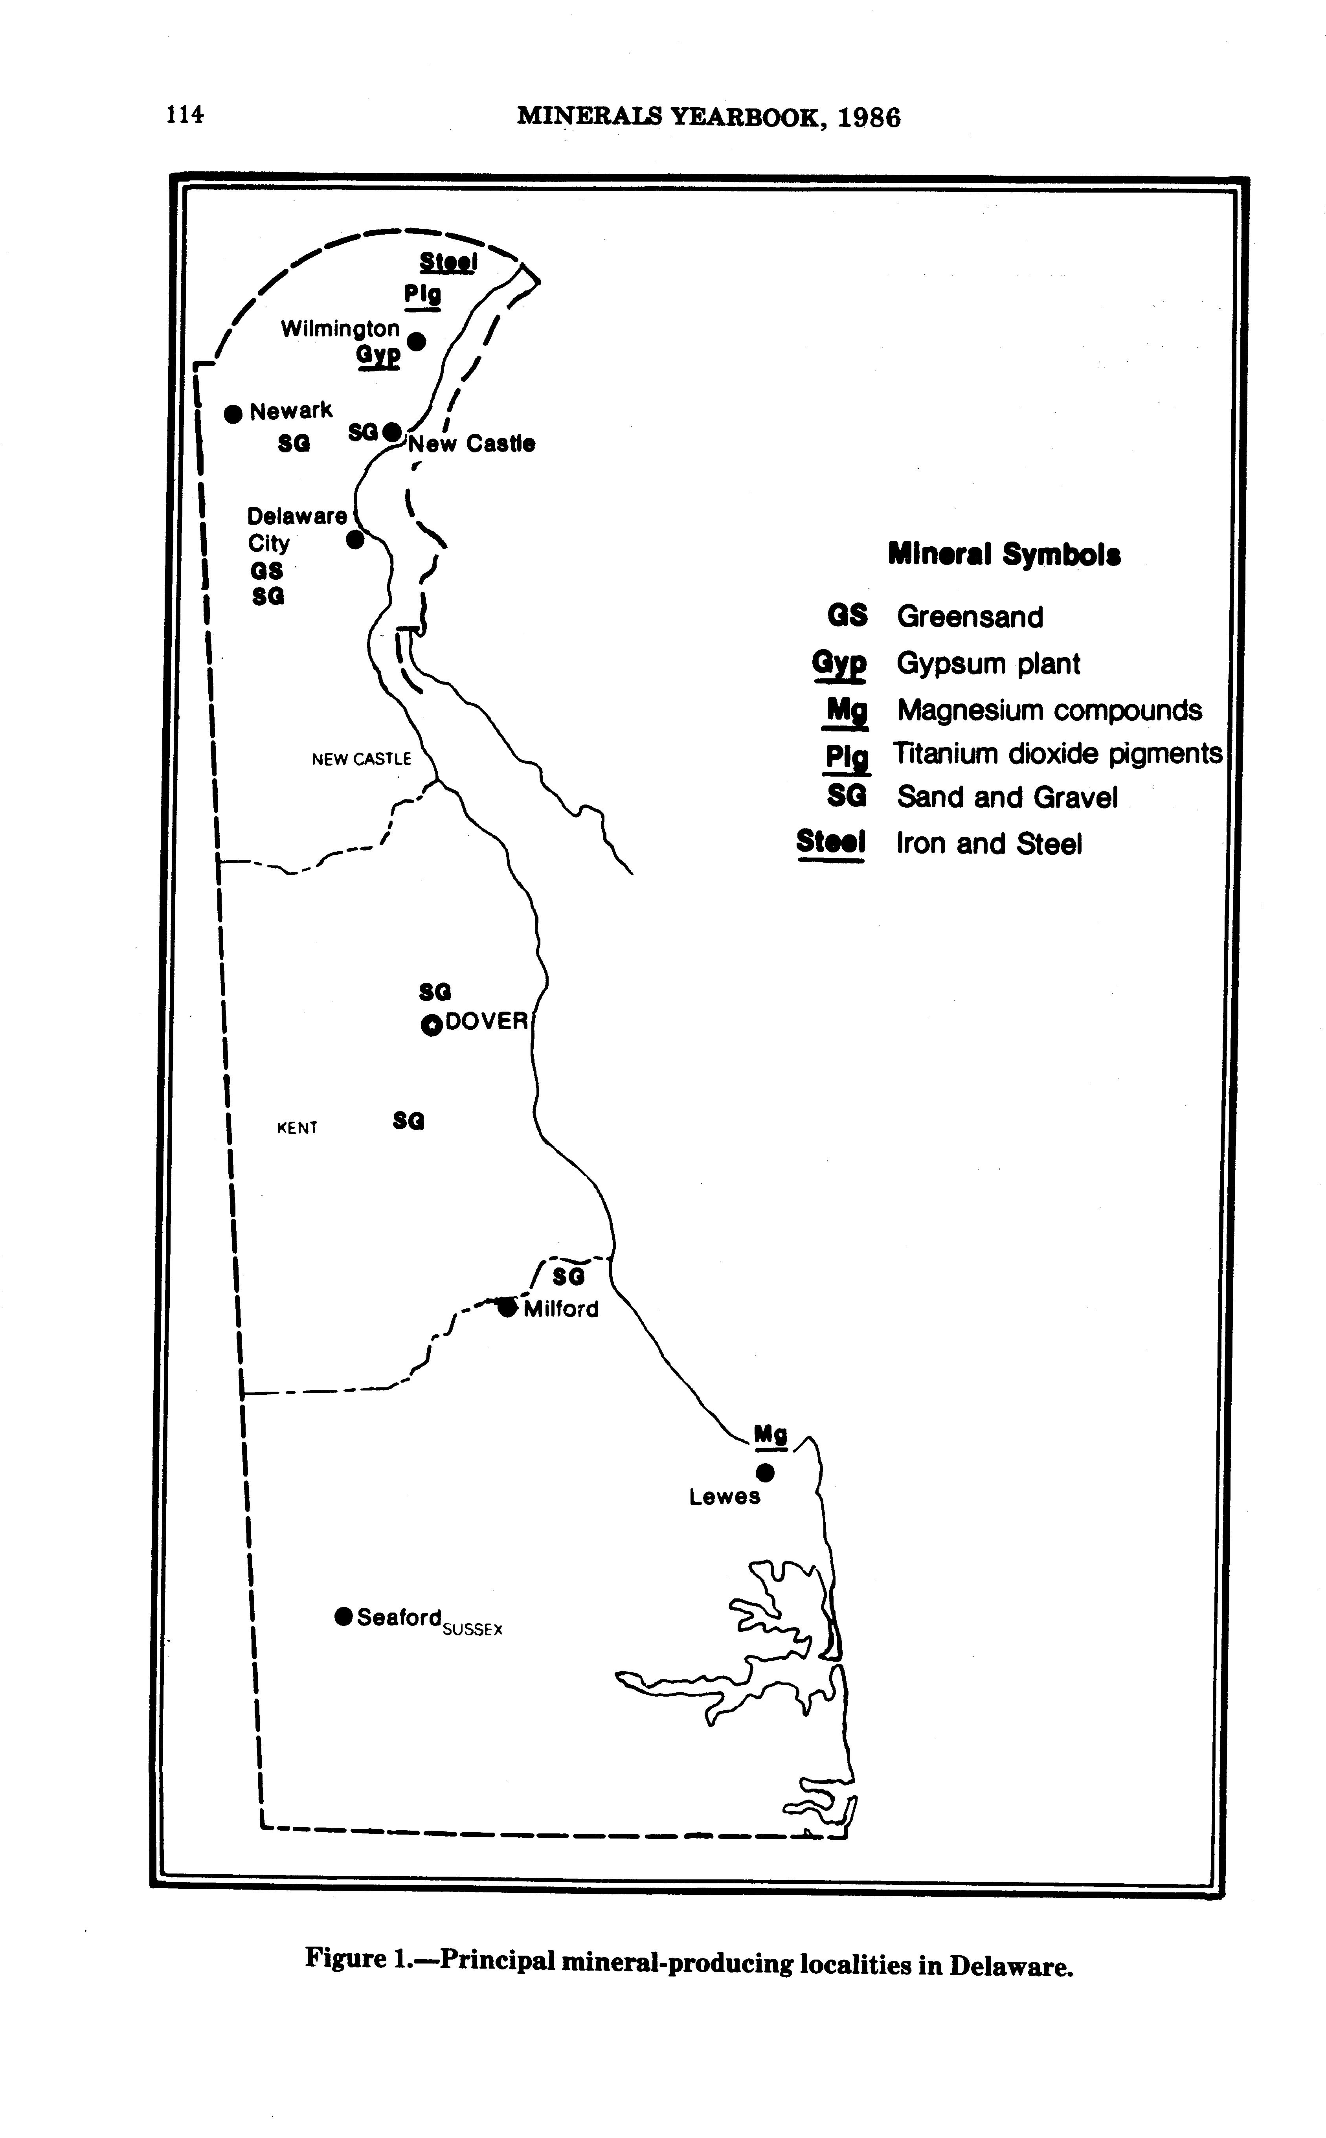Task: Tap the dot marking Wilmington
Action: (417, 341)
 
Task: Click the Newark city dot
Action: (232, 413)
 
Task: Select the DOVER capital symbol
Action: (432, 1024)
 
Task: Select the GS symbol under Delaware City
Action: (266, 571)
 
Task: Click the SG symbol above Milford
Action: (568, 1276)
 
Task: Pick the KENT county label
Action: (297, 1128)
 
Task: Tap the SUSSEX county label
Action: (473, 1629)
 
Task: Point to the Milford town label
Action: (561, 1309)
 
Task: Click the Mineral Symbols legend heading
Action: (1004, 554)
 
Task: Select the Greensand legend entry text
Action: (970, 617)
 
